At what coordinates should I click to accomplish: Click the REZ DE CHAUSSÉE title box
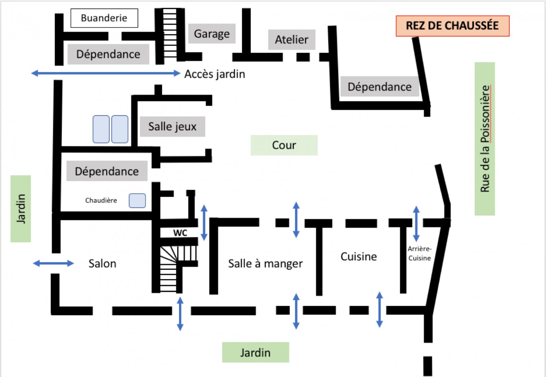point(452,26)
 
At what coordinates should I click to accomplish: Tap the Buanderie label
point(104,18)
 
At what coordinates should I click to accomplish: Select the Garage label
point(212,34)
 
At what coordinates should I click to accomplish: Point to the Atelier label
point(292,40)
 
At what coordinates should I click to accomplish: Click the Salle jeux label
point(172,126)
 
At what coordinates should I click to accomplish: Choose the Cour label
point(284,145)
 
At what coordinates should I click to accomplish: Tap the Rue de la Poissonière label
point(485,139)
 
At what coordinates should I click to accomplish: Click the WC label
point(180,233)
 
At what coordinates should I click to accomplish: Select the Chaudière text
point(101,200)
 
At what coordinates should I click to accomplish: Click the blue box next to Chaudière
point(137,201)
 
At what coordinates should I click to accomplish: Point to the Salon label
point(102,264)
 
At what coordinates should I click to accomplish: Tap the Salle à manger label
point(265,264)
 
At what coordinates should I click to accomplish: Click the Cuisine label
point(358,257)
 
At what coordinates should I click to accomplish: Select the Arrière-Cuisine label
point(420,253)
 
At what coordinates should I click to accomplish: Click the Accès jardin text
point(214,74)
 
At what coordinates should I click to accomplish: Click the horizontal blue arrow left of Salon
point(53,264)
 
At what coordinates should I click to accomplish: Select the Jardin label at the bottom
point(255,353)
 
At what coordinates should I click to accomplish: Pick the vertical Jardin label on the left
point(21,209)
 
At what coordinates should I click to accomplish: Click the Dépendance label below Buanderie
point(108,54)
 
